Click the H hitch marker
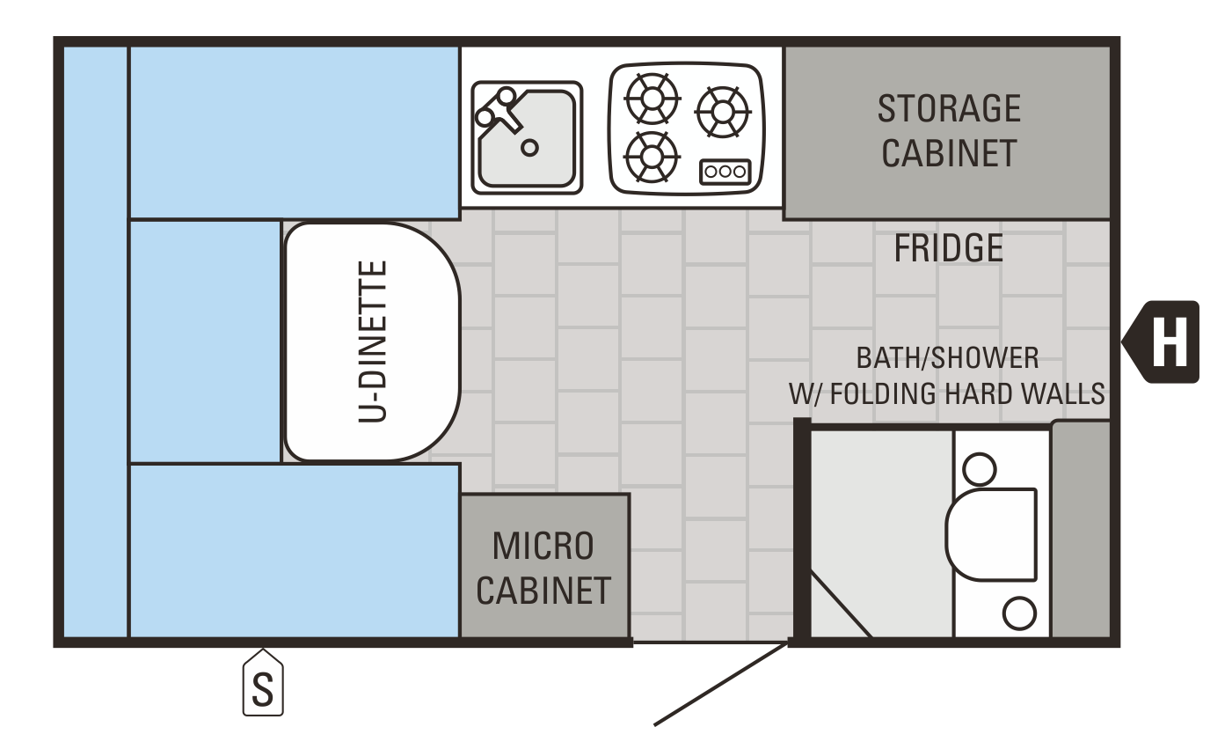(1168, 341)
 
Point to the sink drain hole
(529, 147)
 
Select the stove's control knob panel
(725, 172)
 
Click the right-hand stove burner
(722, 112)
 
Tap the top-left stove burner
(652, 98)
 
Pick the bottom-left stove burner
(652, 156)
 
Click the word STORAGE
(949, 109)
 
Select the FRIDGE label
(948, 249)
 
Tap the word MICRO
(543, 546)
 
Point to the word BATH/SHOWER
(947, 358)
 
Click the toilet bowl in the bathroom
(990, 534)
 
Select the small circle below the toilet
(1019, 613)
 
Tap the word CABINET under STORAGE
(949, 153)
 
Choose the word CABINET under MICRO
(543, 591)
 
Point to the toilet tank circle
(979, 469)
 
